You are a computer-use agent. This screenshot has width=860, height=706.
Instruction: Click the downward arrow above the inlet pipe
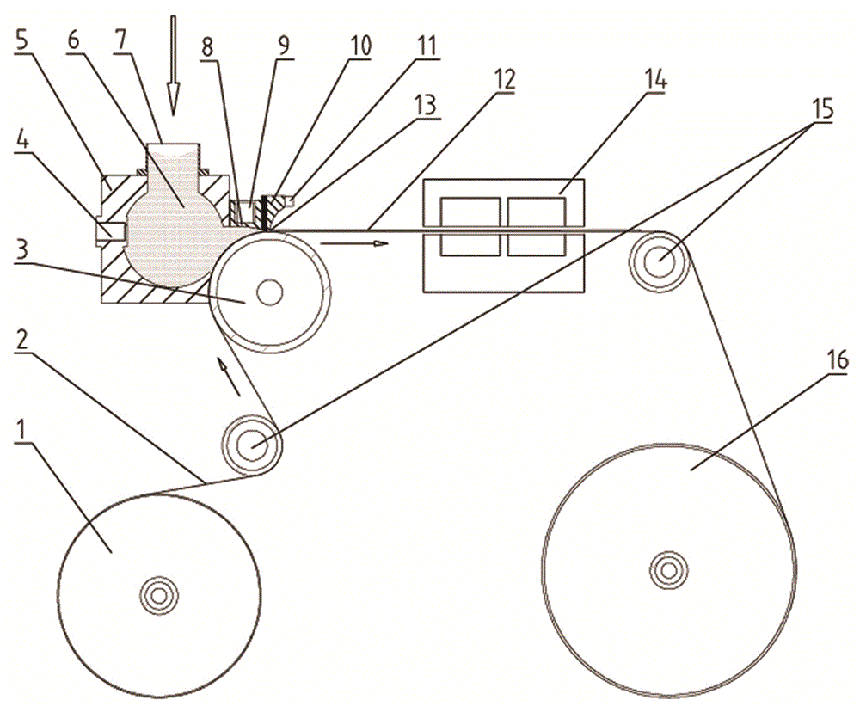pyautogui.click(x=174, y=66)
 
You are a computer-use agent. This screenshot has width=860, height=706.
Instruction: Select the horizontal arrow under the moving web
pyautogui.click(x=354, y=243)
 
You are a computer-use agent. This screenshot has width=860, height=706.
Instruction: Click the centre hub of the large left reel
pyautogui.click(x=159, y=596)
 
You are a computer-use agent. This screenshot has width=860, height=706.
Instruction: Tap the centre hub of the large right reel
pyautogui.click(x=668, y=570)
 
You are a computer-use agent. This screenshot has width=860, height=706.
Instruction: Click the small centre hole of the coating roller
pyautogui.click(x=269, y=292)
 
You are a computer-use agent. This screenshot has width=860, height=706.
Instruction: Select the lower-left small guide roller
pyautogui.click(x=252, y=445)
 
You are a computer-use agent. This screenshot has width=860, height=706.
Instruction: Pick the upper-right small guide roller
pyautogui.click(x=660, y=261)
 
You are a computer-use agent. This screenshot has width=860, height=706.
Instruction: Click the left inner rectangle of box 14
pyautogui.click(x=470, y=227)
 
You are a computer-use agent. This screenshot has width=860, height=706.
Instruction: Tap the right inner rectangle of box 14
pyautogui.click(x=537, y=227)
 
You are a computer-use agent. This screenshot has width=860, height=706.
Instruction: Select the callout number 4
pyautogui.click(x=22, y=144)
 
